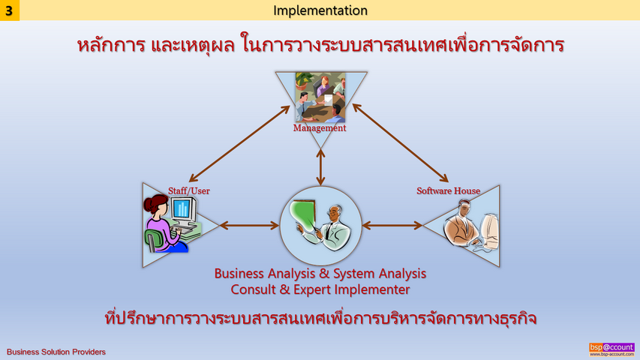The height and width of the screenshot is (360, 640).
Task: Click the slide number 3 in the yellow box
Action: click(x=9, y=10)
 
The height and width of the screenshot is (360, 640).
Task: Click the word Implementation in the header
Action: click(x=320, y=10)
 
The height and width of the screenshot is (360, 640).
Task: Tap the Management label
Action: click(x=320, y=128)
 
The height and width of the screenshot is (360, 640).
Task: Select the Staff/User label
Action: click(x=189, y=190)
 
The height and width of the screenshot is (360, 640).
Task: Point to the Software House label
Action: click(x=448, y=190)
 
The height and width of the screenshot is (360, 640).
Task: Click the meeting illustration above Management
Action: click(x=320, y=97)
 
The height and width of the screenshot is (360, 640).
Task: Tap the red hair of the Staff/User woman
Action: click(x=155, y=202)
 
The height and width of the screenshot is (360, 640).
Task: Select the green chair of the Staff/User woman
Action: click(x=153, y=240)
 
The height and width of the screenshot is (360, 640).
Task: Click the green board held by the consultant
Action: click(x=303, y=214)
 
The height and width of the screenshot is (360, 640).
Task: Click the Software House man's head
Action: click(x=464, y=208)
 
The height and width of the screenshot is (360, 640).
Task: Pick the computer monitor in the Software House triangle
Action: click(x=489, y=230)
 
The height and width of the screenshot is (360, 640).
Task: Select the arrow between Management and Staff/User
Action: click(x=239, y=144)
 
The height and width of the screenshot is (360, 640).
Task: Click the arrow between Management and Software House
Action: click(x=401, y=142)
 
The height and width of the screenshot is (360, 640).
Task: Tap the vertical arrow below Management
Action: click(x=320, y=167)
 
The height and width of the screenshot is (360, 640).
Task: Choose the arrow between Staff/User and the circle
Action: click(x=249, y=225)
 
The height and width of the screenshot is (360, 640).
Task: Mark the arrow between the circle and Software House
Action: click(x=392, y=225)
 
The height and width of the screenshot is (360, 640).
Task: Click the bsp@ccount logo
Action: click(x=611, y=349)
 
